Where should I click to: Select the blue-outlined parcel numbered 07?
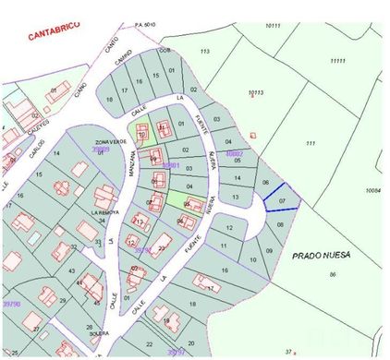point(282,200)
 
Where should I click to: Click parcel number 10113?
point(256,92)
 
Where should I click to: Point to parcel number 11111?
point(337,61)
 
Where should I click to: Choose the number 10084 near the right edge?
point(373,190)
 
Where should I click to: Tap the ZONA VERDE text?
point(109,142)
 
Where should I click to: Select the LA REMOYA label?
point(106,211)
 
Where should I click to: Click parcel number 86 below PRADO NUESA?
point(332,275)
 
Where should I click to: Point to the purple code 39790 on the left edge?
point(11,303)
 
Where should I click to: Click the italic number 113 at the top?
point(204,51)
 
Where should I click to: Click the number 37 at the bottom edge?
point(288,351)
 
